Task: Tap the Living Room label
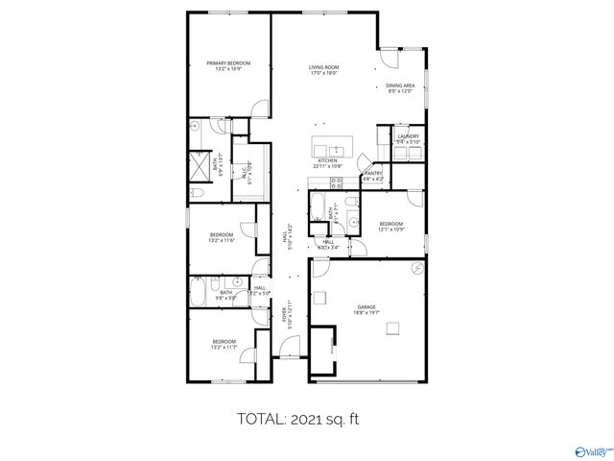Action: click(324, 69)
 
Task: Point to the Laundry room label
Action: click(408, 139)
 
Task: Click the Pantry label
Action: click(373, 176)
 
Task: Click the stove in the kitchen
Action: click(336, 182)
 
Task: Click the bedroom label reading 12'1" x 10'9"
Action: click(390, 228)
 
